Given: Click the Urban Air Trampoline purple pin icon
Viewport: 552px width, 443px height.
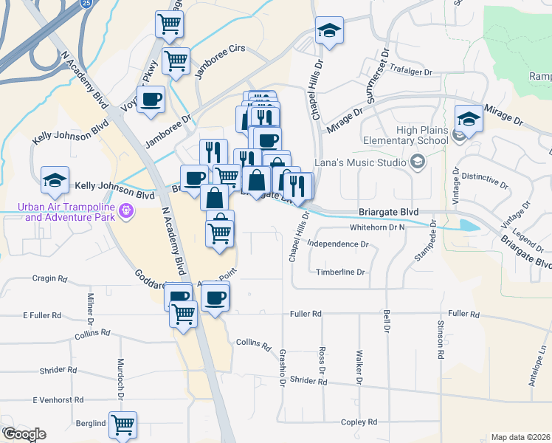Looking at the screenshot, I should [126, 212].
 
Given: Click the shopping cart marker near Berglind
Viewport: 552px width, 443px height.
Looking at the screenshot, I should [123, 425].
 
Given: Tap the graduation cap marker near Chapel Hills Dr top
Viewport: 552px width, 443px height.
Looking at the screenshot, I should [329, 30].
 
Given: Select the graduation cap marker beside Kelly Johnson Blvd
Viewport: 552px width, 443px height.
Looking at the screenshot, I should [55, 179].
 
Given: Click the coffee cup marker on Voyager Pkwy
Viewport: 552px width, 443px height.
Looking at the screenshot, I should [151, 99].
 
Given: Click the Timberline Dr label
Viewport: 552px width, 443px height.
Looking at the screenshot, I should [341, 272].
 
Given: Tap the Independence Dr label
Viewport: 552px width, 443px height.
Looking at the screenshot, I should [337, 243].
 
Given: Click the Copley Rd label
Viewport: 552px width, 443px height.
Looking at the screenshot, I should [359, 422].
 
